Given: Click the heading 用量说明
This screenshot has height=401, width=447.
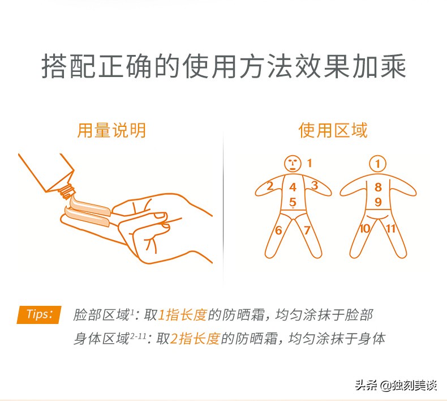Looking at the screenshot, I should pos(111,130).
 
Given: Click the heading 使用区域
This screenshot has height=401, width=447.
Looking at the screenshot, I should pos(333,130).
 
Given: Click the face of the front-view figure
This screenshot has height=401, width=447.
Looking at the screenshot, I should pos(292,164).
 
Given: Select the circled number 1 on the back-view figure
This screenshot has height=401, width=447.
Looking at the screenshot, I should pos(378,164).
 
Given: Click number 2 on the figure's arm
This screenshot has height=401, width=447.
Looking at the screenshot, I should pos(270,186).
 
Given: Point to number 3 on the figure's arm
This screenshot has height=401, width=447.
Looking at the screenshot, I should pos(315,185).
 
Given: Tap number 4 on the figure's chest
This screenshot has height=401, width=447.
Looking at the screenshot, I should pos(293,187).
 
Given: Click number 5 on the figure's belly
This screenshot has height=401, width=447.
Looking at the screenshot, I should pos(293,202).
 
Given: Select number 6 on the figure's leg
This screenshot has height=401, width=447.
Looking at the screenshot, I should pos(278,230).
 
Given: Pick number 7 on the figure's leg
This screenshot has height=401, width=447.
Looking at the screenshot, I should pos(307,230).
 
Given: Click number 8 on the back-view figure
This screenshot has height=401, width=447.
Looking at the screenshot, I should pos(378,187).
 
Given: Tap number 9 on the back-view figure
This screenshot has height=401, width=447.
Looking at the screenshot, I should pos(378,202).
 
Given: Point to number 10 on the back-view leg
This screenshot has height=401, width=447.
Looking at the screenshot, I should pos(364,228).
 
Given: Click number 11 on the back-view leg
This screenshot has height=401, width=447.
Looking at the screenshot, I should pos(390,228).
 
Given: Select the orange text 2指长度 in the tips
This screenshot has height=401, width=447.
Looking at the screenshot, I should pos(195,339).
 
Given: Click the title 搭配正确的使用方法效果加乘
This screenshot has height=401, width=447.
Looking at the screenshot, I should pos(223,67).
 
